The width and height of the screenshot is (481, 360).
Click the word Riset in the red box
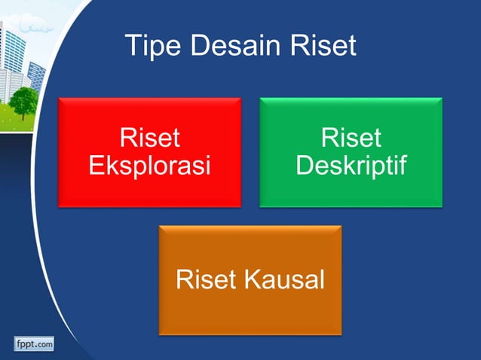tap(149, 139)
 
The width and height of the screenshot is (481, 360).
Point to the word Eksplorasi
tap(149, 165)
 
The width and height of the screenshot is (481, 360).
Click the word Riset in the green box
tap(351, 139)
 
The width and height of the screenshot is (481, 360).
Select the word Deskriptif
tap(351, 165)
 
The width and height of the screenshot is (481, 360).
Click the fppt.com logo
tap(33, 344)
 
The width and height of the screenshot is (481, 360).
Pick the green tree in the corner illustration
tap(23, 100)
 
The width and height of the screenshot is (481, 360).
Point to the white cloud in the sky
tap(34, 27)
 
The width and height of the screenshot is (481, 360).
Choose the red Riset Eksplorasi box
tap(149, 151)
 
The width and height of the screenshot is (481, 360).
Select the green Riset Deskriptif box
tap(351, 151)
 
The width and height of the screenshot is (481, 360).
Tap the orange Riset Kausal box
tap(250, 280)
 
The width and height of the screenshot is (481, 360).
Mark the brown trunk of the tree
tap(25, 115)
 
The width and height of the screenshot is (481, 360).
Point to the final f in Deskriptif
tap(400, 165)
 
